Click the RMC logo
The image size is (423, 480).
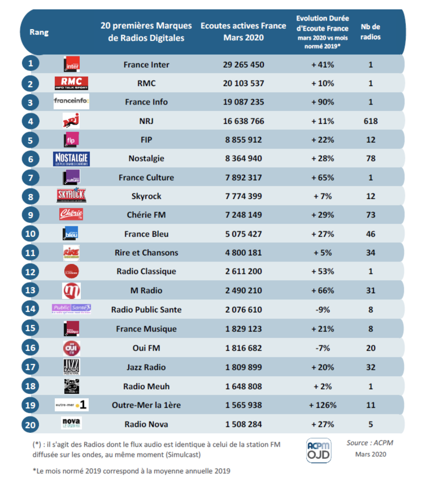[x=71, y=83]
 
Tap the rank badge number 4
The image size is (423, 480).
[x=31, y=121]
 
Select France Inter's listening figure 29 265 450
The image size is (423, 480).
[x=244, y=65]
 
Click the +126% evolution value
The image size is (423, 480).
[x=322, y=405]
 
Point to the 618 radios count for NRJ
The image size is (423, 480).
[x=370, y=121]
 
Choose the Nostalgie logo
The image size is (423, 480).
[x=71, y=159]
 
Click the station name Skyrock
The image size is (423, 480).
[x=146, y=196]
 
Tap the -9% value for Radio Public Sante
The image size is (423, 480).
[x=322, y=310]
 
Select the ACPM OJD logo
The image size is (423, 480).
[x=318, y=450]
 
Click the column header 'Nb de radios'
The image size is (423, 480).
[x=370, y=32]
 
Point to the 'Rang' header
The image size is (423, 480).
[x=39, y=32]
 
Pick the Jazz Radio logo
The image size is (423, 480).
[x=72, y=367]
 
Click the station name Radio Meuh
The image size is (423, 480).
[x=146, y=386]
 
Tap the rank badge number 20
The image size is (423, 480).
[x=30, y=425]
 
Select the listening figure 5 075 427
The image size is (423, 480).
[x=244, y=234]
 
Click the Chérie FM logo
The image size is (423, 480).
[x=71, y=214]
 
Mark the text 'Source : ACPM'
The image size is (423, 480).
[x=370, y=443]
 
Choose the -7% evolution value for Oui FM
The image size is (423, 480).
[x=322, y=348]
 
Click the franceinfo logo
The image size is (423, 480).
[x=71, y=101]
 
